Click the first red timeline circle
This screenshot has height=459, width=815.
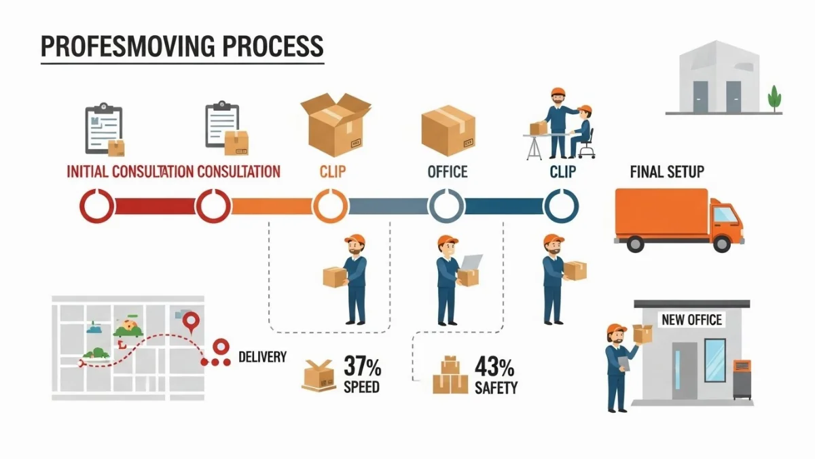tap(97, 206)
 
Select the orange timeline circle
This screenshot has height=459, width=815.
tap(331, 206)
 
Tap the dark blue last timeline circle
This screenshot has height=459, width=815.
tap(561, 206)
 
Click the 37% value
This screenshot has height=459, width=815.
tap(362, 367)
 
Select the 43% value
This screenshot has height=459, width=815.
tap(494, 367)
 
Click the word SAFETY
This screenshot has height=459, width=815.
tap(496, 388)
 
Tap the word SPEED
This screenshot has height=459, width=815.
tap(361, 388)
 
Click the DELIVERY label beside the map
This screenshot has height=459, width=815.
tap(262, 356)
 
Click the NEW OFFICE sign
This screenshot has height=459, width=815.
tap(691, 319)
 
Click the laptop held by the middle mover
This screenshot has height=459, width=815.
tap(472, 262)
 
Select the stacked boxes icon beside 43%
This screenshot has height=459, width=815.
tap(450, 375)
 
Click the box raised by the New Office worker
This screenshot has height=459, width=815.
tap(642, 333)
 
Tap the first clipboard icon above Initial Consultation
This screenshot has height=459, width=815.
tap(103, 129)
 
